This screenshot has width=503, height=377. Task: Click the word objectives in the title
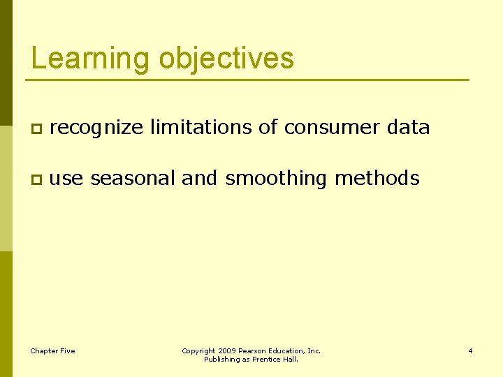(x=226, y=58)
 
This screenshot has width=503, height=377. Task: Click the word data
(x=408, y=127)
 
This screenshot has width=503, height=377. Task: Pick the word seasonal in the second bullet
(x=133, y=179)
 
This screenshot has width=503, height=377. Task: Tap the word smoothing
(x=276, y=179)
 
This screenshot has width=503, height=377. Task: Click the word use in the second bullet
(x=66, y=179)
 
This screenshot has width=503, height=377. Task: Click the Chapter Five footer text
(x=52, y=350)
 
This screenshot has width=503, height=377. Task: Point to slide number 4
(x=470, y=350)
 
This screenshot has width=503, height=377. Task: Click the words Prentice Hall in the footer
(x=279, y=360)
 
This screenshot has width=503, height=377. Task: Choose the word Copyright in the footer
(x=198, y=350)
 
